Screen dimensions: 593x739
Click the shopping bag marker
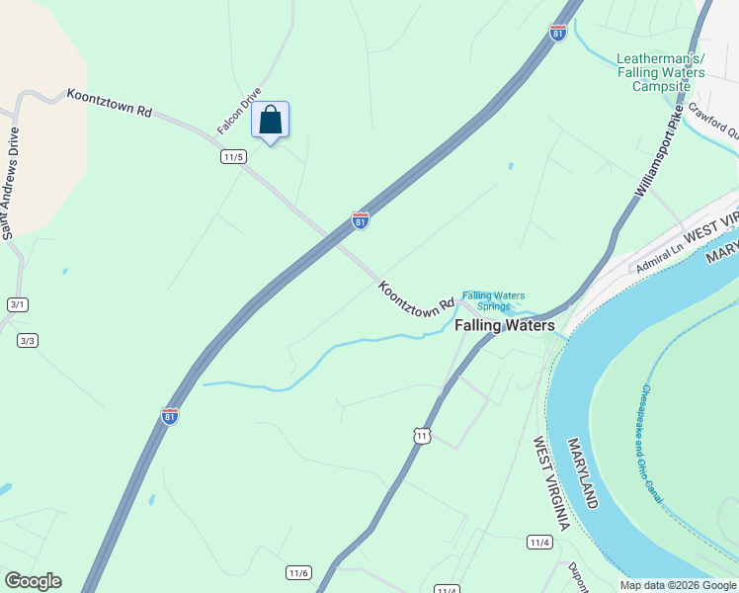pos(271,122)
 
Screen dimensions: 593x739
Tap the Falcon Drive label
pos(239,111)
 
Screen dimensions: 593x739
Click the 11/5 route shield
pos(233,157)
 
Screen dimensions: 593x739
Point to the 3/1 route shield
pos(17,304)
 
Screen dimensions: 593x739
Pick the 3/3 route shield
pos(27,341)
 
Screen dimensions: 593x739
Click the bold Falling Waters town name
pos(504,325)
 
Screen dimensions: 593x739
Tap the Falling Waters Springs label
pos(494,300)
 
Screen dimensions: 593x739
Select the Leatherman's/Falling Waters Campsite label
pos(661,72)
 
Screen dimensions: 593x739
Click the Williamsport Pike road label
pos(659,153)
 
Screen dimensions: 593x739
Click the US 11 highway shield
pos(422,435)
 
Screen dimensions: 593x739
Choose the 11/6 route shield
pos(299,573)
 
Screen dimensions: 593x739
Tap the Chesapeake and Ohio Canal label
pos(652,444)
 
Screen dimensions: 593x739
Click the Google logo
pos(33,581)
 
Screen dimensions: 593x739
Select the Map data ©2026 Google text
pos(677,585)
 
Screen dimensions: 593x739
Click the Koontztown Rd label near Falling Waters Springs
pos(415,298)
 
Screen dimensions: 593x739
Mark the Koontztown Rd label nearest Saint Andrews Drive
pos(110,103)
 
